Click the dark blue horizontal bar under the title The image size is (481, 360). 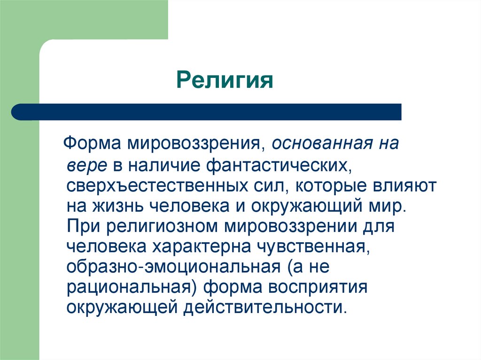click(x=207, y=112)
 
